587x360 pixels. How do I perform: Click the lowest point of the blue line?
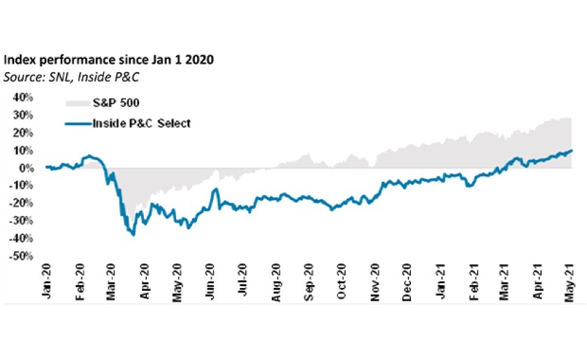(133, 235)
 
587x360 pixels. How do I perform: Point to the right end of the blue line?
(572, 150)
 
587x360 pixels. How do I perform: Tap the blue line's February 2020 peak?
(89, 156)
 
